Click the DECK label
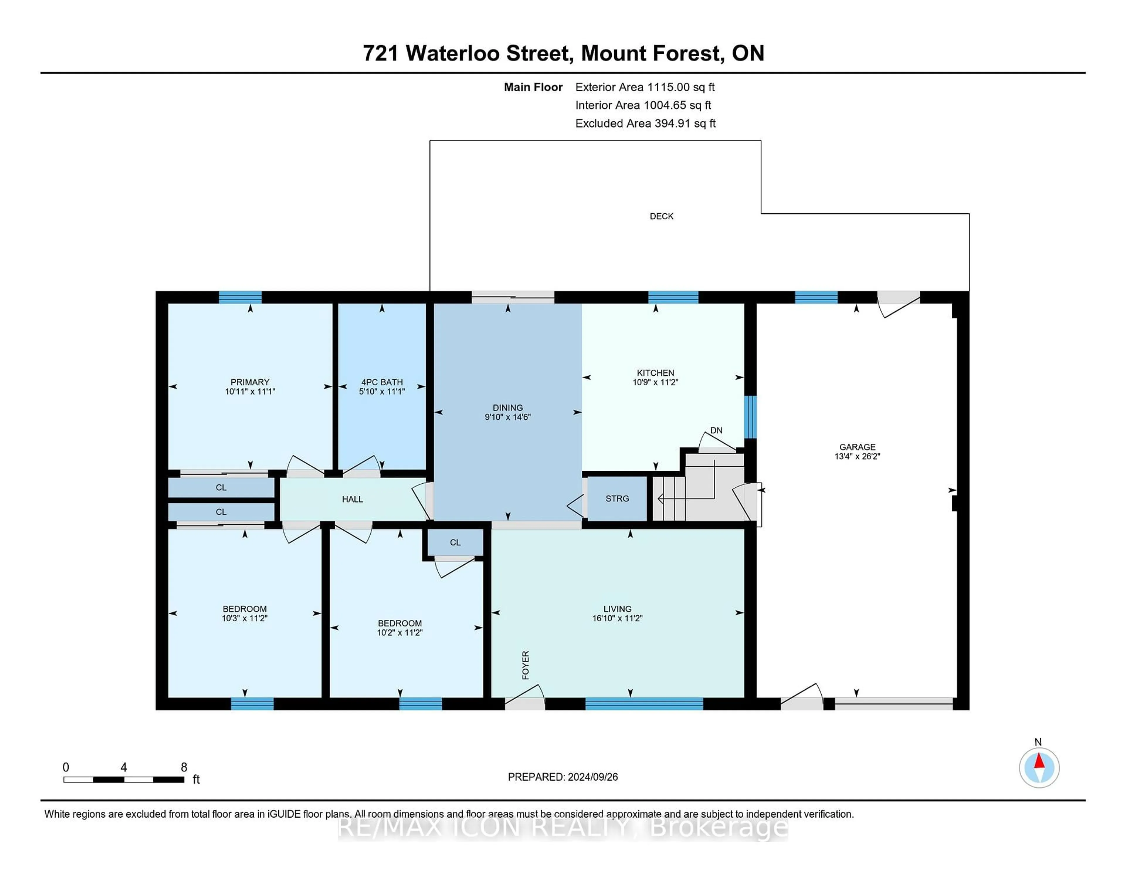click(662, 216)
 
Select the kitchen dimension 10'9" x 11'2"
click(655, 382)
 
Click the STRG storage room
click(617, 499)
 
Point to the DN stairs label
click(716, 430)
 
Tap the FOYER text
click(525, 665)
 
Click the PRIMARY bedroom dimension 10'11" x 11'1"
click(250, 392)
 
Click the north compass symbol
click(1039, 768)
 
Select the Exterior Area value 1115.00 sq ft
click(681, 87)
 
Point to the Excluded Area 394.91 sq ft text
click(645, 123)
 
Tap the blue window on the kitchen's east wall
click(750, 417)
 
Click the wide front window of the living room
click(644, 704)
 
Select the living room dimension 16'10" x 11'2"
click(617, 618)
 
